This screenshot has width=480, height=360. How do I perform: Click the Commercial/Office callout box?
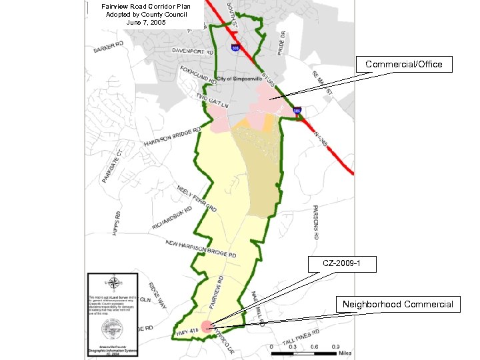(x=408, y=65)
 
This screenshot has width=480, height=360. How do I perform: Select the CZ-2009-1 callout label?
(x=341, y=264)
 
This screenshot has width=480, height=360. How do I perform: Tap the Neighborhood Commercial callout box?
(x=397, y=305)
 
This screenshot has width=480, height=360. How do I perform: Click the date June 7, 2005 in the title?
(x=146, y=22)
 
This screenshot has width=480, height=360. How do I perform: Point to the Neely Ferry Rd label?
(x=197, y=199)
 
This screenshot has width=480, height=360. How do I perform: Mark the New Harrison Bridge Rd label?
(x=201, y=249)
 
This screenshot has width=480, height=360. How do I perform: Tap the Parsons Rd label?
(x=315, y=223)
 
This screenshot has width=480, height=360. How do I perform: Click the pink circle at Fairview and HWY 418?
(x=207, y=326)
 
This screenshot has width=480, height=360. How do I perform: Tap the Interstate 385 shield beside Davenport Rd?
(x=236, y=48)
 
